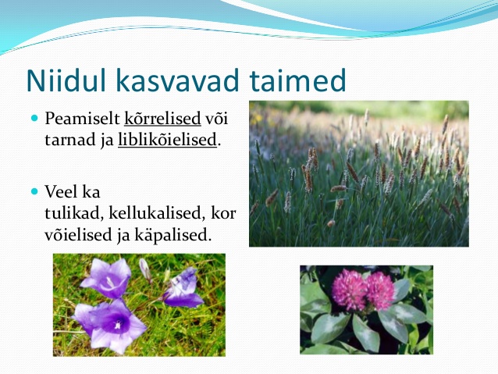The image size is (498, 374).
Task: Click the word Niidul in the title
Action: coord(66,80)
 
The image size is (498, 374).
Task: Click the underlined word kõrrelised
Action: coord(162,118)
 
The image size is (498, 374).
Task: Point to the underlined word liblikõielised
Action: coord(167,140)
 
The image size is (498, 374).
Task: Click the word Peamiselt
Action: coord(82,119)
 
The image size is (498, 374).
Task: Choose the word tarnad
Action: coord(70,140)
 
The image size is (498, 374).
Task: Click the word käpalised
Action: coord(173,235)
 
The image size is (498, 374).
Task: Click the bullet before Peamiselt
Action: coord(34,119)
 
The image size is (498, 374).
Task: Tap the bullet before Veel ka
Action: coord(34,191)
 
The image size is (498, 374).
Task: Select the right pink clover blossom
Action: coord(380,290)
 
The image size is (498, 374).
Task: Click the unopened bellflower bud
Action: coord(145,269)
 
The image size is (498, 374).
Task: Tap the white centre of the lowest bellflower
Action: coord(118,325)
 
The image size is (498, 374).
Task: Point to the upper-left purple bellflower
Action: coord(107,278)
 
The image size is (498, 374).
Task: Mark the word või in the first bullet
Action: coord(216,119)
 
